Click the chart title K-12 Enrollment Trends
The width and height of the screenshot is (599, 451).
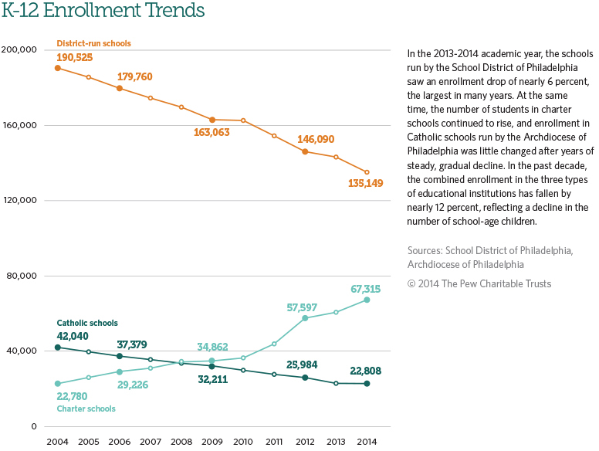click(x=103, y=12)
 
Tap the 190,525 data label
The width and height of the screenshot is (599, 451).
click(x=75, y=57)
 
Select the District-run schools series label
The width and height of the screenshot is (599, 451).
click(x=94, y=43)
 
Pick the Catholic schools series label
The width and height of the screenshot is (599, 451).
click(x=87, y=323)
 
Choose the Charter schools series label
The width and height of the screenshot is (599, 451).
click(x=86, y=409)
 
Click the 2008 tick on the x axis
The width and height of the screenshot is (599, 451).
click(x=181, y=441)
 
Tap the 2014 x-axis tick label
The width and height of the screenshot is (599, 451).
click(x=367, y=441)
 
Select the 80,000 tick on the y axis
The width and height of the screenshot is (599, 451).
click(x=22, y=276)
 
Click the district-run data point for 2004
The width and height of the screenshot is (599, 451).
click(x=58, y=68)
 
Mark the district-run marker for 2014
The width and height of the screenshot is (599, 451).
click(x=367, y=172)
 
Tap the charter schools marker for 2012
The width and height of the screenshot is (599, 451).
click(x=305, y=318)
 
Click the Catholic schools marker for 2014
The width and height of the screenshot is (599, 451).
click(x=367, y=383)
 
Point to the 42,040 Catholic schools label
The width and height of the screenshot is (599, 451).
click(x=74, y=336)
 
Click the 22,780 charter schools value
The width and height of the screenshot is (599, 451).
click(x=75, y=397)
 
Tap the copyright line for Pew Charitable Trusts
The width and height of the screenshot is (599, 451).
click(x=479, y=283)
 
